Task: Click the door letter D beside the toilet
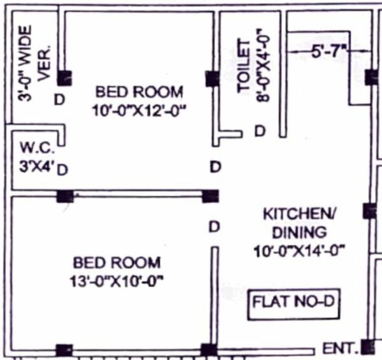(260, 131)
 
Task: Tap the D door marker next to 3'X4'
(63, 168)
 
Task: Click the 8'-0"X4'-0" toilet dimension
(267, 68)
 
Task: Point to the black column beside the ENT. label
(367, 347)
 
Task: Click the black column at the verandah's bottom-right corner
(64, 78)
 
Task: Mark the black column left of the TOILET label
(212, 78)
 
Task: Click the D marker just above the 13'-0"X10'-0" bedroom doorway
(215, 226)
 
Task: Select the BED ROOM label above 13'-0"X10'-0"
(117, 262)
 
